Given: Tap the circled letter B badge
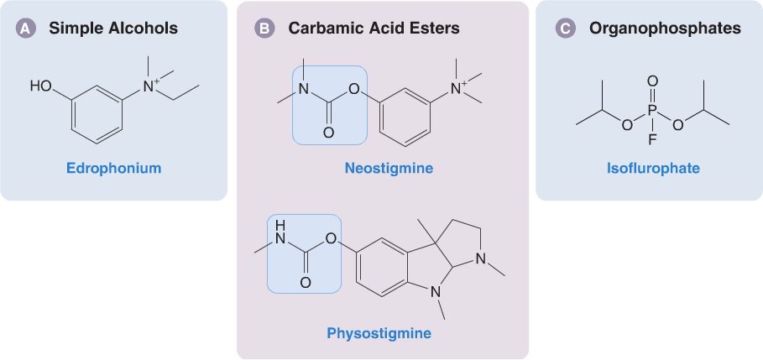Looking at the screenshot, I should point(264,29).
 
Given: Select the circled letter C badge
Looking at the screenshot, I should point(564,29).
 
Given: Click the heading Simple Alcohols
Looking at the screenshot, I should point(113,28).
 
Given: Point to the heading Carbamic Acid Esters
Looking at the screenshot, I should point(374,29).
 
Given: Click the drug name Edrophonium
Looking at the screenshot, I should point(114,169).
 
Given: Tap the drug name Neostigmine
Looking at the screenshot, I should point(389,169).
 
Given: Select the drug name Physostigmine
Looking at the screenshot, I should point(379,333).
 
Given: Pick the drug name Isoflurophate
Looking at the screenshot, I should point(653,169).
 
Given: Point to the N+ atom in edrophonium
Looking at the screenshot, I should point(149,86).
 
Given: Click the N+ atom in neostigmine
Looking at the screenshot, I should point(458,87).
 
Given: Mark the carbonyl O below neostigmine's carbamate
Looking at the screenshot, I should point(328,133).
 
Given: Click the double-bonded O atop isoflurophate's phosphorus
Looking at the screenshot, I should point(653,82).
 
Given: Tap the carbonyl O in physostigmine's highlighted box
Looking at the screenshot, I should point(306,283).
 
